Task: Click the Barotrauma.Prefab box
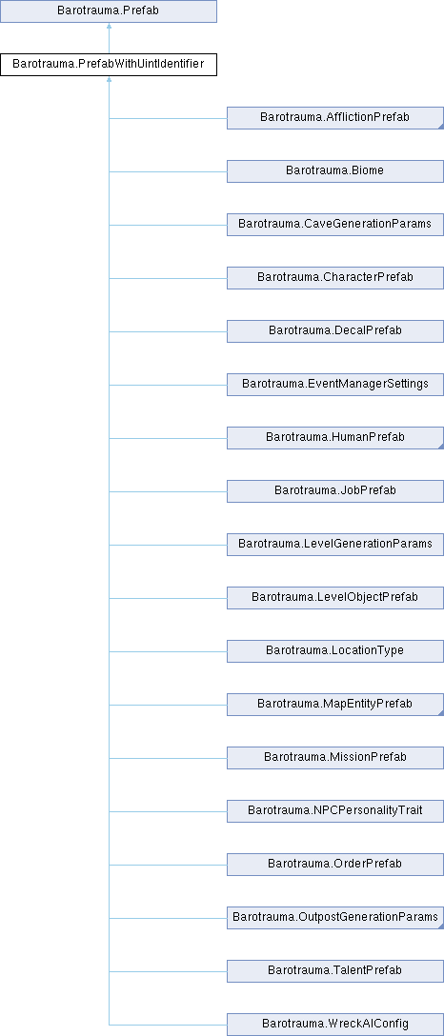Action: point(109,11)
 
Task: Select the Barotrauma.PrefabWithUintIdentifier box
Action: point(109,65)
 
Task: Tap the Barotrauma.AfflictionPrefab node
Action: point(335,118)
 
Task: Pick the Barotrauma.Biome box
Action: point(335,171)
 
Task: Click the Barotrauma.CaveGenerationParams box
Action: point(335,225)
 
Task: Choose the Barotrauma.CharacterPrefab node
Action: point(335,277)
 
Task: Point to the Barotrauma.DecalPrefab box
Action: point(335,331)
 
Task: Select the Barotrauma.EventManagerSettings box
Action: point(335,385)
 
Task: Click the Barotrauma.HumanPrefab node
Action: point(335,437)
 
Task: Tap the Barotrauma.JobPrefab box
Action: point(335,491)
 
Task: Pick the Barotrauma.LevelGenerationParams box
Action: point(335,545)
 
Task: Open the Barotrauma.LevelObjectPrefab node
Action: point(335,597)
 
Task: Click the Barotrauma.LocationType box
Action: point(335,650)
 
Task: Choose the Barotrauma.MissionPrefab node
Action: point(335,757)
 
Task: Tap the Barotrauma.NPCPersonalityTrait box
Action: point(335,810)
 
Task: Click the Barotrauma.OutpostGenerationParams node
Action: point(335,917)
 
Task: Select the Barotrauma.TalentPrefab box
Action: point(335,970)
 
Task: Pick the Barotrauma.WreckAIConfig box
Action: point(335,1025)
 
